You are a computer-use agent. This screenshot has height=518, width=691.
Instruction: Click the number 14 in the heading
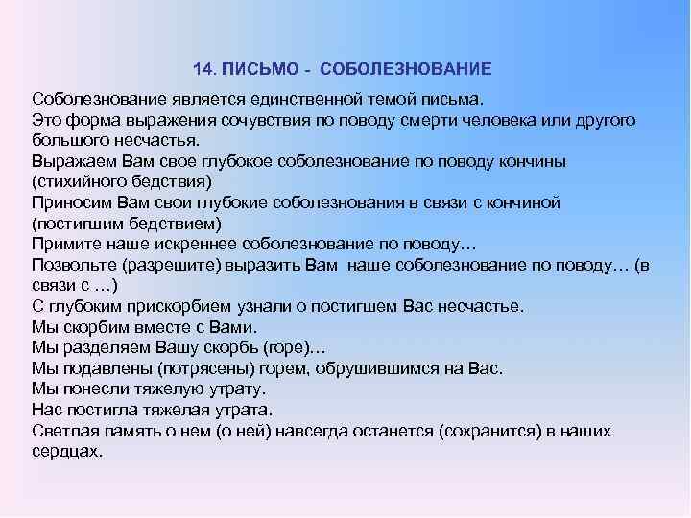point(202,70)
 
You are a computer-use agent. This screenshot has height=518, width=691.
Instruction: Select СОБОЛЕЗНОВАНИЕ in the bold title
point(406,70)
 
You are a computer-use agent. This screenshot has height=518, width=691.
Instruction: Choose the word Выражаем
point(70,160)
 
